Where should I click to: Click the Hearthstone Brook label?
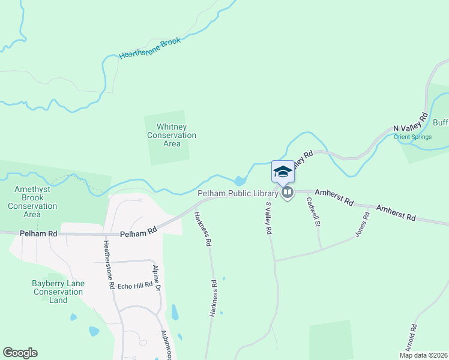149,48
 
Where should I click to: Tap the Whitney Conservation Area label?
172,135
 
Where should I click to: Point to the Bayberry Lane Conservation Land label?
58,292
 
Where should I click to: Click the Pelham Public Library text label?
238,193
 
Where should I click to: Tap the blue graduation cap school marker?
283,172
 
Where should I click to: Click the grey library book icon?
288,193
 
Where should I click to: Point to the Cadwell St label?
312,213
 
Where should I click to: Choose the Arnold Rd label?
412,339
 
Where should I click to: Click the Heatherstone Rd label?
108,265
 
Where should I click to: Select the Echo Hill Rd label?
135,286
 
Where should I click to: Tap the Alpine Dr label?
157,279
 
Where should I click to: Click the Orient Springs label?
413,136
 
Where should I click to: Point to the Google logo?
20,353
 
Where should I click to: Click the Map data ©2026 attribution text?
423,355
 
